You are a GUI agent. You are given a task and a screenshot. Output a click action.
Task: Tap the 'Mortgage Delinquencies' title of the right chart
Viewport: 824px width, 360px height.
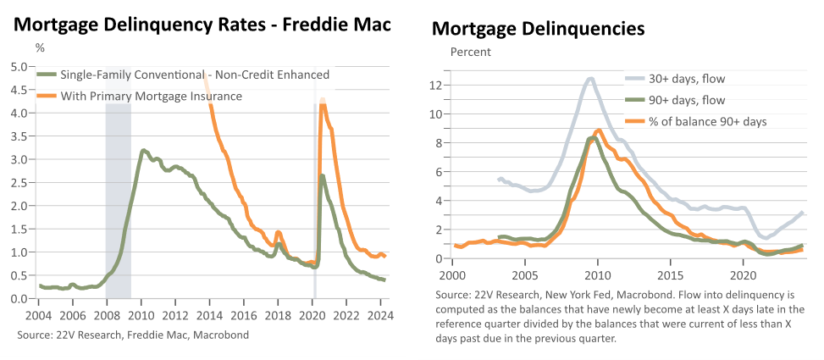point(538,29)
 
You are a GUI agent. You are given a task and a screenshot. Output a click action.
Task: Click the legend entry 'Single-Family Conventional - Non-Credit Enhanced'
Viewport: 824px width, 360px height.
point(183,75)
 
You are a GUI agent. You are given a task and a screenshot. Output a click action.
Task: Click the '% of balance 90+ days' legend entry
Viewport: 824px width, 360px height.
point(696,121)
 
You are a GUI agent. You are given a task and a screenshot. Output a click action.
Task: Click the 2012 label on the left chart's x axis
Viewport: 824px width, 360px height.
point(175,317)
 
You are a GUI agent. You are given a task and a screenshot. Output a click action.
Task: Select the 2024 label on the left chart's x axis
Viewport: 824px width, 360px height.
point(380,317)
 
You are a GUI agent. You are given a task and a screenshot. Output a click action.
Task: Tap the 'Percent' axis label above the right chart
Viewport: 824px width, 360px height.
point(471,52)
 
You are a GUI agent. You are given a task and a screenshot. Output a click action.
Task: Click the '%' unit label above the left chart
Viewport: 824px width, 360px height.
point(40,48)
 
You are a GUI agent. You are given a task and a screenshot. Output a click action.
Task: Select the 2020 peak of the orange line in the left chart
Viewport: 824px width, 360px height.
point(323,99)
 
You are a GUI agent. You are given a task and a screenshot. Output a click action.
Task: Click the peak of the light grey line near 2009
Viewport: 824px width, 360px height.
point(590,79)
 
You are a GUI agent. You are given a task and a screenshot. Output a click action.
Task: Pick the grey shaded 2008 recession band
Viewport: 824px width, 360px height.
point(119,182)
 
